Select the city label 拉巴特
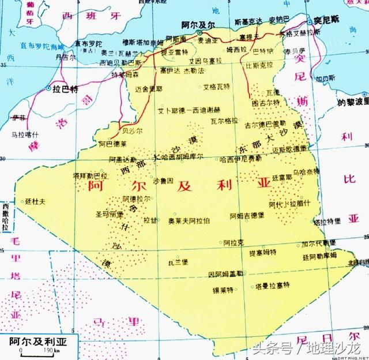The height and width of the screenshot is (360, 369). coord(65,89)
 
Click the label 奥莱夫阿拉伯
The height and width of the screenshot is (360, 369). coord(189,220)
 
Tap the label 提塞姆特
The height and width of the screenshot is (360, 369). coord(262,253)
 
